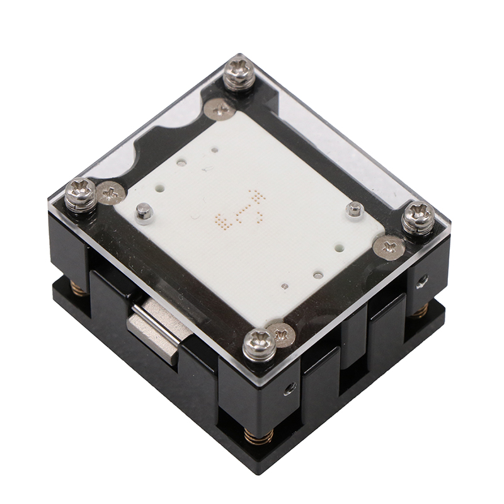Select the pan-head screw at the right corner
418,217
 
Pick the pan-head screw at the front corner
259,344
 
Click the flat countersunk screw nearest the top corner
220,110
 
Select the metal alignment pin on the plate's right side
355,209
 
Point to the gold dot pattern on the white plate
239,210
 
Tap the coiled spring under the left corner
79,288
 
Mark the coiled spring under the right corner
420,309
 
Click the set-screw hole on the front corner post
289,387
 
